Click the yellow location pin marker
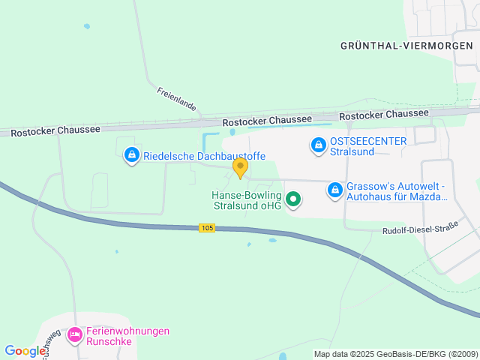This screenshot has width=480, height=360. pos(240,167)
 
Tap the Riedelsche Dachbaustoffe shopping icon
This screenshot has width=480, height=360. pos(132,156)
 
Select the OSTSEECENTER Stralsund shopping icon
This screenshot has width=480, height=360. pos(318,143)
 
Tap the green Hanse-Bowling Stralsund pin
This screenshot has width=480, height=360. pos(294,199)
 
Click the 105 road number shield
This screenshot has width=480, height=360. pos(208,227)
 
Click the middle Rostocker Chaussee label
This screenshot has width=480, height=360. pos(267,121)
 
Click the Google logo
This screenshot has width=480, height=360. pos(25,350)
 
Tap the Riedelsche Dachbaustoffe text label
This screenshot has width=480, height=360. pos(205,156)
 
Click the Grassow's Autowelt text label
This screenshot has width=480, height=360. pos(397,191)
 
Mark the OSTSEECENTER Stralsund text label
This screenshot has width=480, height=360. pos(368,146)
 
